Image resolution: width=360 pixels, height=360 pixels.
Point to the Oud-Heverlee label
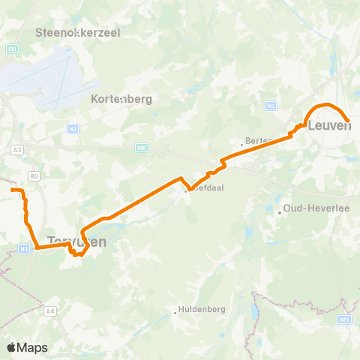(309, 212)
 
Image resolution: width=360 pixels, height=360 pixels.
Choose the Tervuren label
(76, 242)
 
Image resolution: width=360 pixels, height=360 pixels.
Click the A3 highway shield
(16, 150)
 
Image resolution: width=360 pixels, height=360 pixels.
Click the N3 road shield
(24, 248)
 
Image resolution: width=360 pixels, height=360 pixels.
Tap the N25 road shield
(344, 322)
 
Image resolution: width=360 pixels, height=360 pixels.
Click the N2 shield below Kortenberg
(73, 129)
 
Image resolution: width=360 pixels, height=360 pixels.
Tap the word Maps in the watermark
(33, 347)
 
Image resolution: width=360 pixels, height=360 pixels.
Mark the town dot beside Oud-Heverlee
(279, 212)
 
